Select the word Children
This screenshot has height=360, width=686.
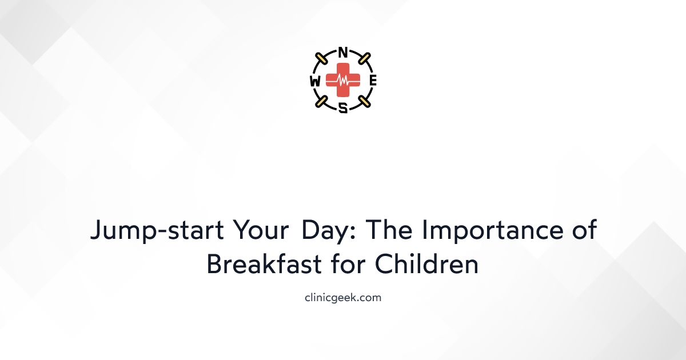(x=427, y=264)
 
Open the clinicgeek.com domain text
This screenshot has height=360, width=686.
(x=343, y=297)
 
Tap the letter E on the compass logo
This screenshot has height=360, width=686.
(x=373, y=81)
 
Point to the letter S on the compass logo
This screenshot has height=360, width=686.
(x=343, y=109)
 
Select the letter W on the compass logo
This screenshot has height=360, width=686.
(x=314, y=81)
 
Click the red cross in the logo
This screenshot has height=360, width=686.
(x=343, y=81)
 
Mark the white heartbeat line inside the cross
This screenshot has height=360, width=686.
(x=343, y=81)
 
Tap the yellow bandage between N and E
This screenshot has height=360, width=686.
(x=364, y=59)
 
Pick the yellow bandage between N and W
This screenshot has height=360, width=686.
(x=322, y=59)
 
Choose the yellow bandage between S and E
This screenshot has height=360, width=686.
(x=364, y=102)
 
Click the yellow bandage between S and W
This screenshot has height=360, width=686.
(x=322, y=102)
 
